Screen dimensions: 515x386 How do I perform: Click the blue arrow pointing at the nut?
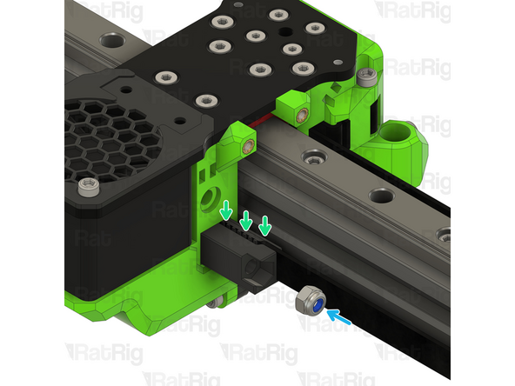pyautogui.click(x=339, y=316)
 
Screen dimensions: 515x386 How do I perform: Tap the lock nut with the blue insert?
pyautogui.click(x=311, y=303)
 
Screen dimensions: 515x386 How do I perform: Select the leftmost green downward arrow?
pyautogui.click(x=226, y=210)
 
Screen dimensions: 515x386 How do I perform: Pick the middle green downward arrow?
pyautogui.click(x=246, y=221)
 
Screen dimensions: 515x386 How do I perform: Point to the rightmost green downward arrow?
pyautogui.click(x=265, y=225)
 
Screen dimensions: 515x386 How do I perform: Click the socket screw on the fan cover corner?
pyautogui.click(x=89, y=187)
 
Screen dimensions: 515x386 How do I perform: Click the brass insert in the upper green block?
pyautogui.click(x=302, y=116)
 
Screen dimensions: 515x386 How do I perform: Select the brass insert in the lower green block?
pyautogui.click(x=248, y=147)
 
